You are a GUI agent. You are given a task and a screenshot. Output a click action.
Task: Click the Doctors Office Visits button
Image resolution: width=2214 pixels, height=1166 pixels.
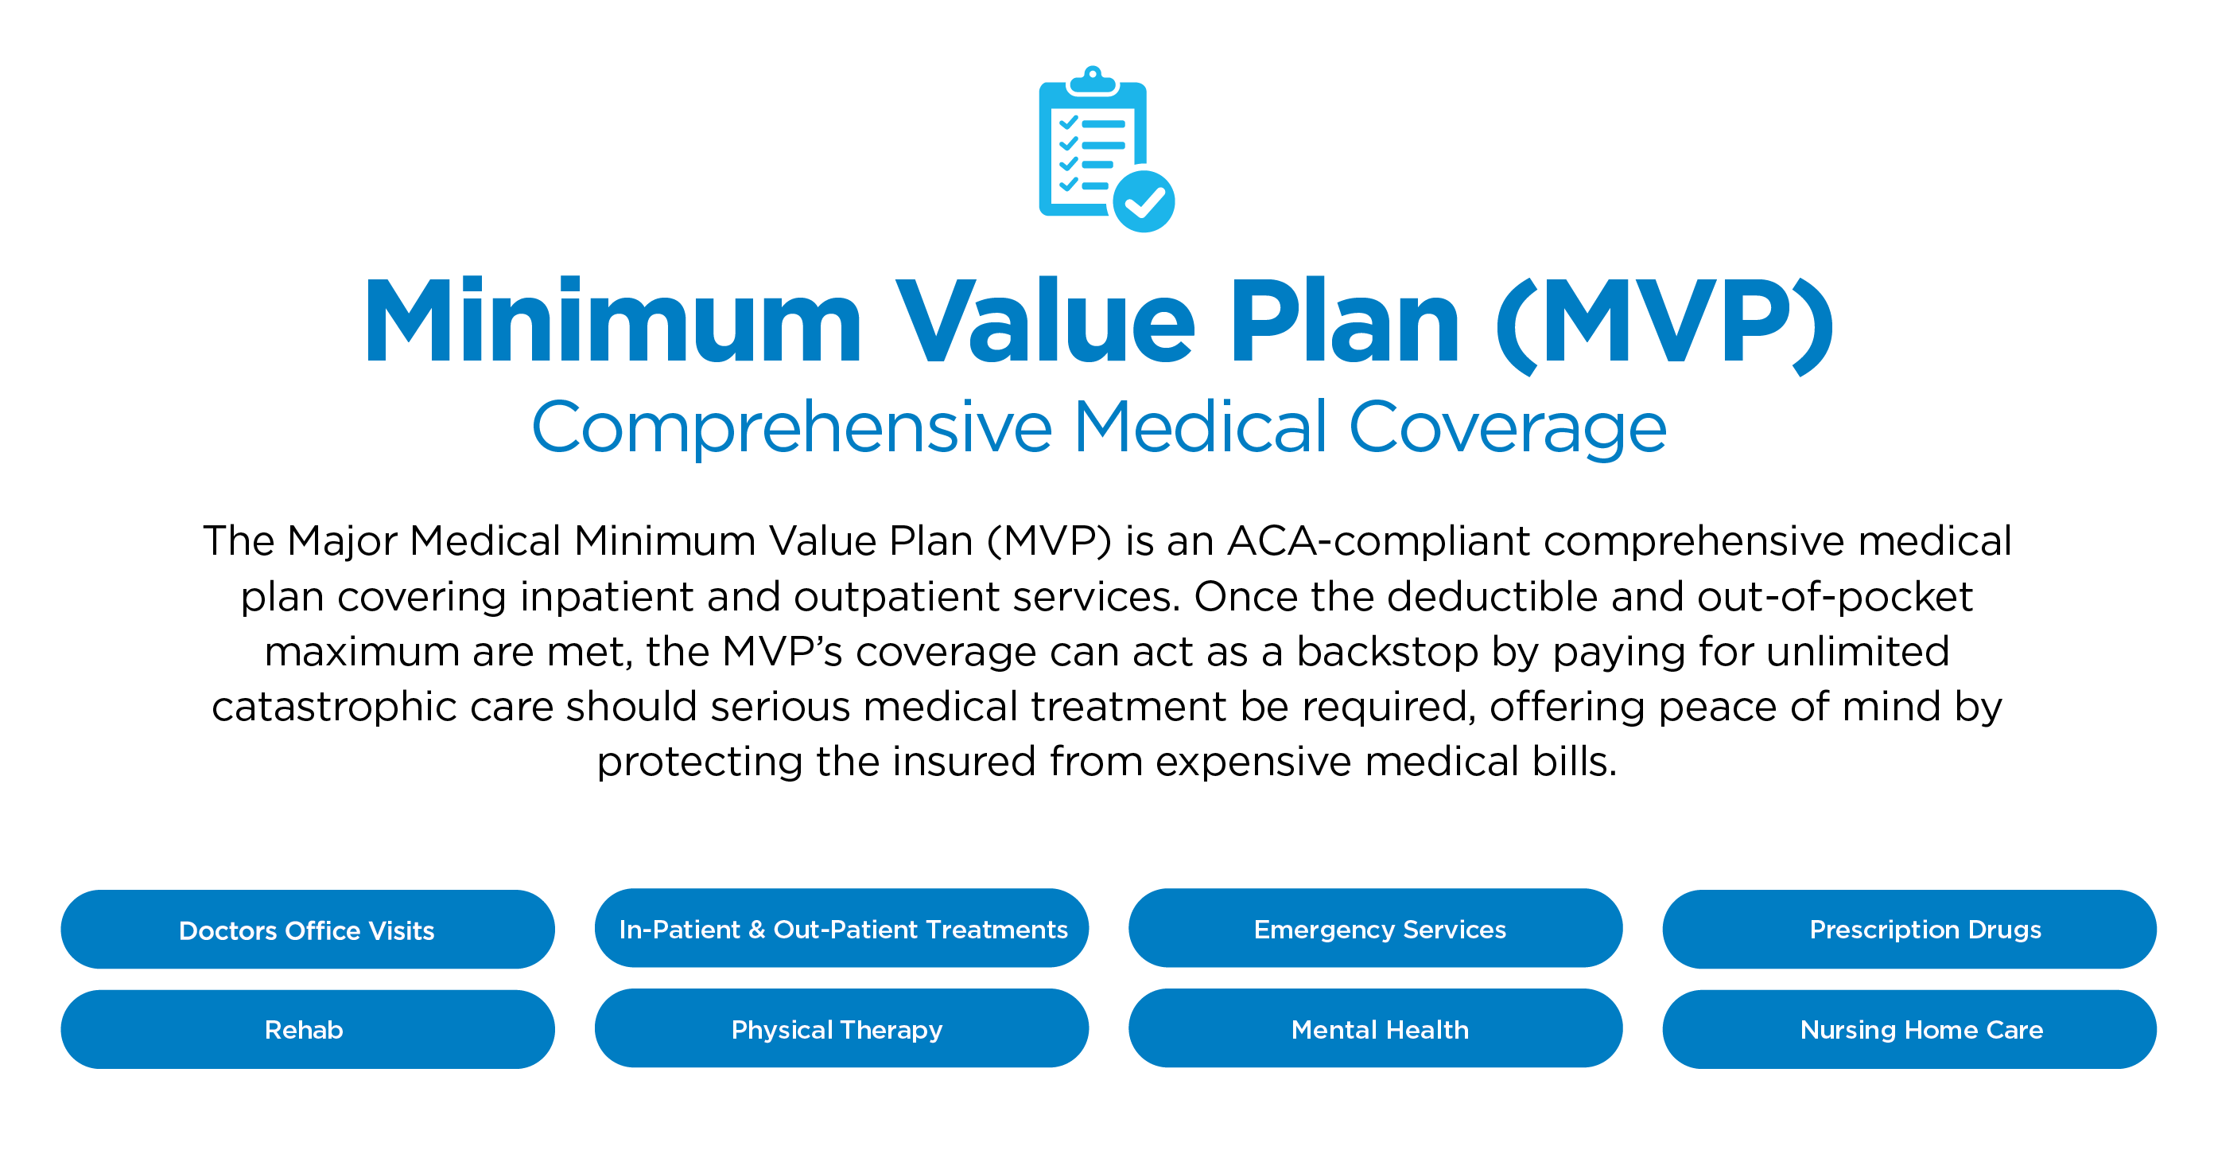pos(308,930)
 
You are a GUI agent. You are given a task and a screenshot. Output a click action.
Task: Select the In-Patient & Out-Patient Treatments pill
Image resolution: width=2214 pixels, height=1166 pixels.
pos(841,929)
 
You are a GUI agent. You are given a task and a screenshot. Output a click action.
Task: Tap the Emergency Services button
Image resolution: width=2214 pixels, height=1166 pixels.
pos(1375,929)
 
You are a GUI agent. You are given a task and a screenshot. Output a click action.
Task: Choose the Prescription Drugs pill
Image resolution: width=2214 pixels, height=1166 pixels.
pos(1909,930)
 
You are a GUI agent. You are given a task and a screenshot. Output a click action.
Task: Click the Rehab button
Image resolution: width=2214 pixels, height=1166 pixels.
pos(308,1029)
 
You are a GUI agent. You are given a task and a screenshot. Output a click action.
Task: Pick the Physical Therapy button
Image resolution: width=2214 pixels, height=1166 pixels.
pos(841,1028)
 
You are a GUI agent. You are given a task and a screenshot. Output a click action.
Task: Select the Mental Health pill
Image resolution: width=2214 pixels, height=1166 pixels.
pos(1375,1028)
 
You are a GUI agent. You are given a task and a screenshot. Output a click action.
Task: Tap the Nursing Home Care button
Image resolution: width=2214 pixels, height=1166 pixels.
pos(1909,1029)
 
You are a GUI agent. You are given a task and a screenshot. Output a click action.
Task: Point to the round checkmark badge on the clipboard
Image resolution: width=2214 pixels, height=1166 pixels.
pos(1144,202)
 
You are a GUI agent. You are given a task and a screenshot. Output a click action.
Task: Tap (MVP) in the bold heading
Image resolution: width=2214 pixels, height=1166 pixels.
pos(1664,325)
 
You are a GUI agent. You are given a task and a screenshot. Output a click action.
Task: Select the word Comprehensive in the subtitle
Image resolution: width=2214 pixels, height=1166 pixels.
pos(791,427)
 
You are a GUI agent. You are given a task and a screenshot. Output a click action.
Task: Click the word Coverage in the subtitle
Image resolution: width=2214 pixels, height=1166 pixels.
pos(1508,427)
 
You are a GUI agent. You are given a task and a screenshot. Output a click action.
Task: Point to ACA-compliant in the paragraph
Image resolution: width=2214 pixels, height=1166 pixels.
pos(1380,542)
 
